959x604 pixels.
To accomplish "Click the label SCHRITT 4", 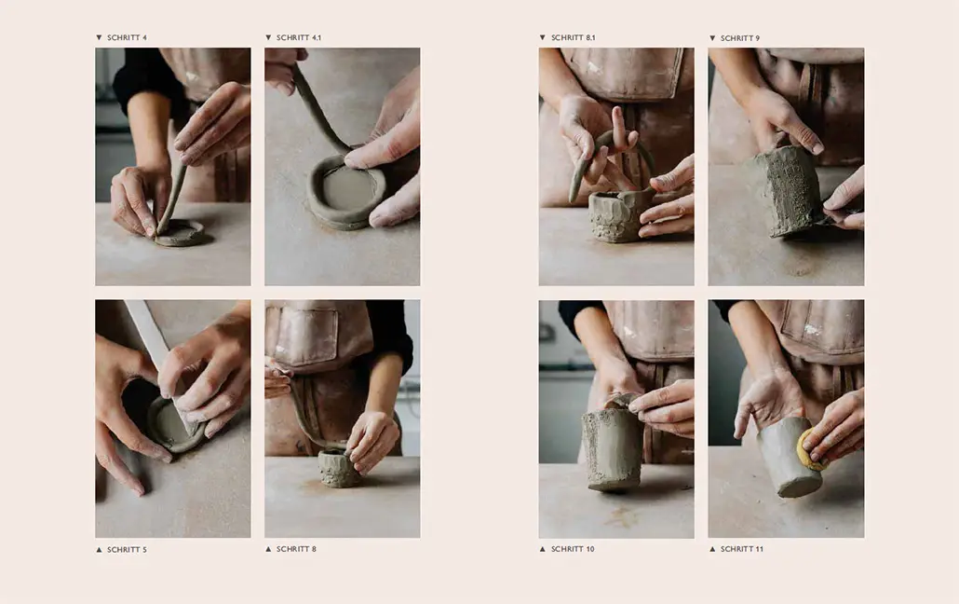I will click(x=127, y=38).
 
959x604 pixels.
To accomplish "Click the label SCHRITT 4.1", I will click(x=299, y=38).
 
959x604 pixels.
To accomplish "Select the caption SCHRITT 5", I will click(x=127, y=550).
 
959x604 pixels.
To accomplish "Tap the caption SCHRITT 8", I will click(x=296, y=550).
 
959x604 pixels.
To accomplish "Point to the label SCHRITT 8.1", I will click(x=573, y=38).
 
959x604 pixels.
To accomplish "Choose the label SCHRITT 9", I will click(x=739, y=38).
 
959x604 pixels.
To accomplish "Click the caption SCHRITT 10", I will click(x=572, y=550).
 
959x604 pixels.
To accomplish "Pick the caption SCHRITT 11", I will click(x=741, y=550).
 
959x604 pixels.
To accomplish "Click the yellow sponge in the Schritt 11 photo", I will click(x=809, y=451).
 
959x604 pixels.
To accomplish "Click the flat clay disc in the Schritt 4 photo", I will click(x=180, y=233).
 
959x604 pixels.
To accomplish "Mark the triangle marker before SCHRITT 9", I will click(x=713, y=38).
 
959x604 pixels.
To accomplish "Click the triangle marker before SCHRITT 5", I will click(x=100, y=550).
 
